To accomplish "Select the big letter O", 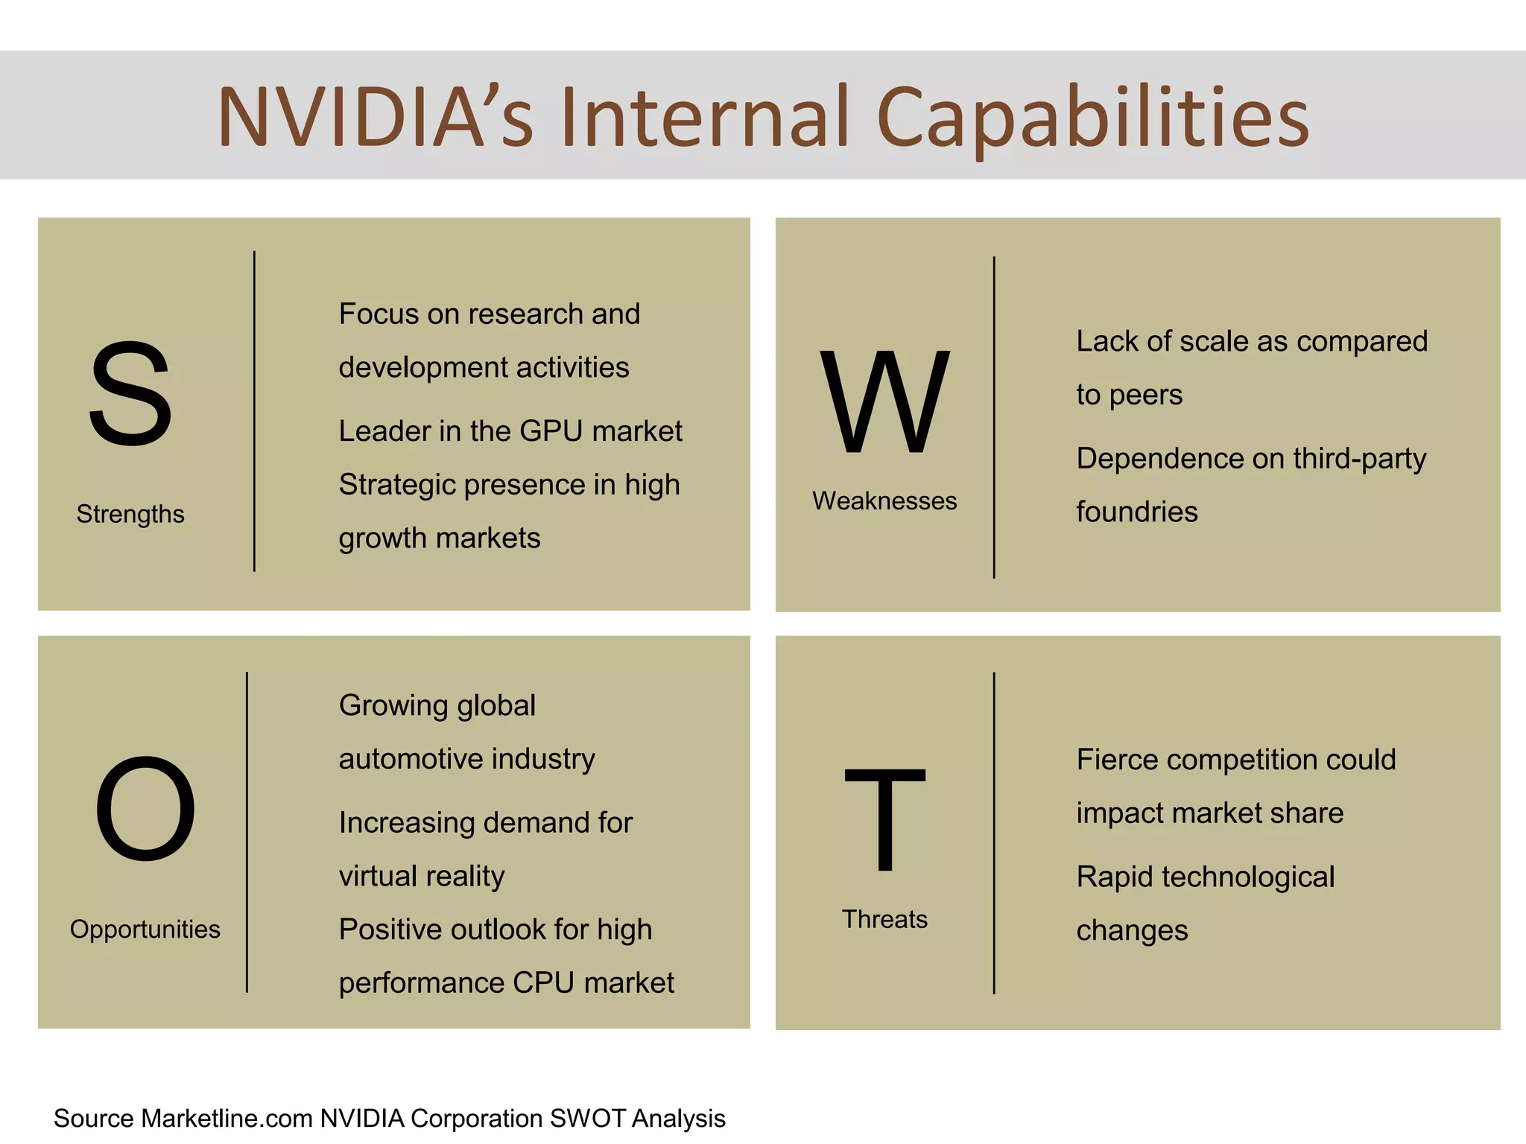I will tap(145, 808).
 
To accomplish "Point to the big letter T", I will tap(884, 819).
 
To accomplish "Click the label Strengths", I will tap(130, 514).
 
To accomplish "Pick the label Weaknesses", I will tap(884, 501).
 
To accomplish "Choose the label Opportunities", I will tap(145, 929).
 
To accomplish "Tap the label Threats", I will tap(884, 919).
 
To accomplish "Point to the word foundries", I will tap(1137, 512).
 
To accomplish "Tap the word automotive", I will tap(410, 759).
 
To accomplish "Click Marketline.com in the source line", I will tap(227, 1119).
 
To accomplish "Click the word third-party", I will tap(1359, 459).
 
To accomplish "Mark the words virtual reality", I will tap(422, 877).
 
